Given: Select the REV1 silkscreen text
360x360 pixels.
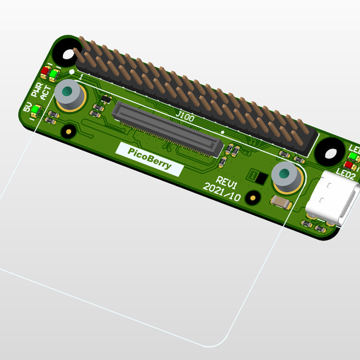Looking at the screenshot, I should coord(229,181).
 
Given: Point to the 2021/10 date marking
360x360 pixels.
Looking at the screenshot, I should coord(221,192).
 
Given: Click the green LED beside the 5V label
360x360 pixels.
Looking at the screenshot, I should coord(35,110).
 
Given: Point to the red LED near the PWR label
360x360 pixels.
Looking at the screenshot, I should coord(44,73).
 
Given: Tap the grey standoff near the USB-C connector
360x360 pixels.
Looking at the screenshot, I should coord(286,176).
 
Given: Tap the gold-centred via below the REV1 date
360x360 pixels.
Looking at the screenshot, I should coord(253,197).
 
